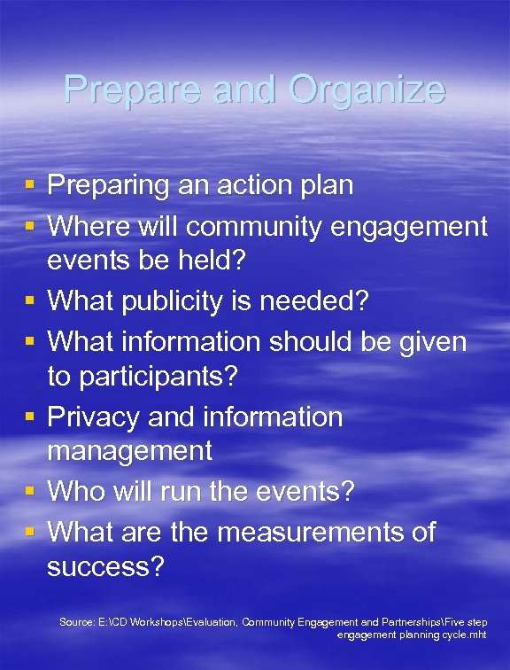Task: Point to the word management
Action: (x=129, y=450)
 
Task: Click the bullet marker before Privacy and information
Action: (x=29, y=417)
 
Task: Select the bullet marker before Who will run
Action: (x=29, y=491)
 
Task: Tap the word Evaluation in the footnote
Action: (x=209, y=623)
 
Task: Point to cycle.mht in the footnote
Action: (x=463, y=635)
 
